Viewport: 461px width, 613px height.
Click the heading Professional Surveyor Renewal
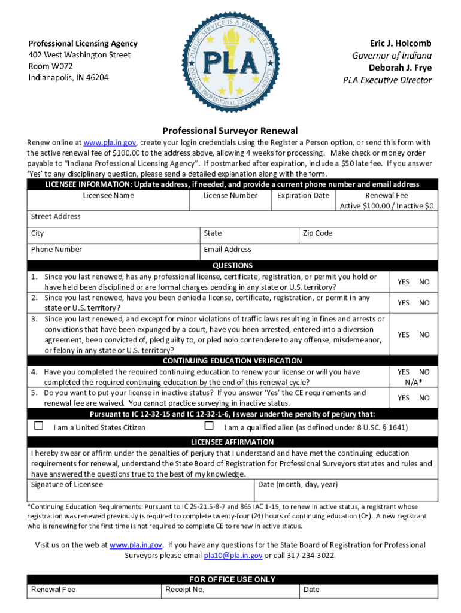click(x=230, y=131)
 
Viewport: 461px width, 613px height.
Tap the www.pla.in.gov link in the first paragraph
click(x=110, y=142)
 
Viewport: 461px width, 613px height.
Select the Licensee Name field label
click(x=108, y=195)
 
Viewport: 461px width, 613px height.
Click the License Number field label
click(x=230, y=195)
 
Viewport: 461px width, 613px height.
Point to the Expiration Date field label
click(x=303, y=195)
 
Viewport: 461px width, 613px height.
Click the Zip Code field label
click(x=317, y=233)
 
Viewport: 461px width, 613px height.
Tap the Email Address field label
click(x=228, y=249)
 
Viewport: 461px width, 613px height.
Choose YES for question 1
click(x=404, y=281)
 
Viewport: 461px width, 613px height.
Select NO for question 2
click(x=424, y=302)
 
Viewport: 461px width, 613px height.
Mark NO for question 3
click(x=424, y=335)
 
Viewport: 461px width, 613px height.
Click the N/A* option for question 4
click(x=413, y=381)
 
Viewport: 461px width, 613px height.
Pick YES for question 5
click(x=404, y=397)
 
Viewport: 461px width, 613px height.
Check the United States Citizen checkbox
click(x=39, y=426)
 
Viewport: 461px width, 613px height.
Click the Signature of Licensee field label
click(x=67, y=484)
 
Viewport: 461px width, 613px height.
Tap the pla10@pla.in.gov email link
click(x=233, y=555)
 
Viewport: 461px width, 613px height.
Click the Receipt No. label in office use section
click(x=185, y=590)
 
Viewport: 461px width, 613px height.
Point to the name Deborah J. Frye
click(x=400, y=68)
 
